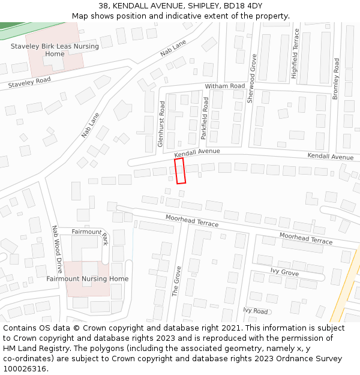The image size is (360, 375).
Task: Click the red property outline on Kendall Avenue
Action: tap(180, 170)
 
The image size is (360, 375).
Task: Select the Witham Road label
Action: tap(225, 86)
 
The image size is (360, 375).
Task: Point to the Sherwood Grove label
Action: tap(253, 79)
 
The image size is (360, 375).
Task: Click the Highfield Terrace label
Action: tap(295, 62)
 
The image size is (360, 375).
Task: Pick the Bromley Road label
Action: tap(335, 79)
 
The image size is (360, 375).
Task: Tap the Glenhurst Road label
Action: tap(161, 124)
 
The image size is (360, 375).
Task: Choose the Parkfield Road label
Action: tap(205, 119)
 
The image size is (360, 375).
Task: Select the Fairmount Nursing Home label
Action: tap(88, 278)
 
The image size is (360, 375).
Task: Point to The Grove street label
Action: tap(176, 281)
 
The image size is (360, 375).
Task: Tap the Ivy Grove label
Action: tap(284, 272)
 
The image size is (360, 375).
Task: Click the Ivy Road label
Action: tap(256, 311)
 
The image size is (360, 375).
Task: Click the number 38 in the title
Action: tap(103, 6)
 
